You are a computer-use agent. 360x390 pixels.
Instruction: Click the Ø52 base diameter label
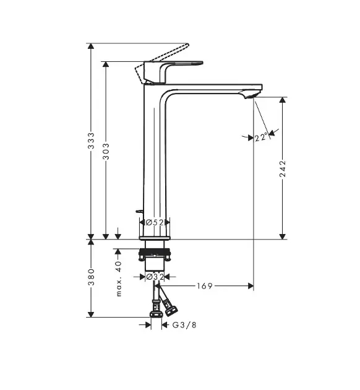(x=154, y=222)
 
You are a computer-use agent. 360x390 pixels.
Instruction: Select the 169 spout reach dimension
(x=205, y=286)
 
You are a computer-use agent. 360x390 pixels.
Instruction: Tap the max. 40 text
(x=119, y=278)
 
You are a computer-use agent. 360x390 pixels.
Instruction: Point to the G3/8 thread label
(x=184, y=324)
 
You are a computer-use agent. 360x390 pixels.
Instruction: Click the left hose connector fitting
(x=154, y=307)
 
